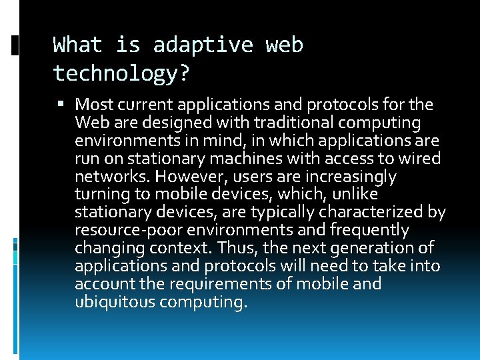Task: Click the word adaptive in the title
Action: tap(203, 45)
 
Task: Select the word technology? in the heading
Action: tap(121, 73)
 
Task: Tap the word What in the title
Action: tap(78, 45)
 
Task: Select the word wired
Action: tap(419, 159)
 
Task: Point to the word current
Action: tap(145, 105)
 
